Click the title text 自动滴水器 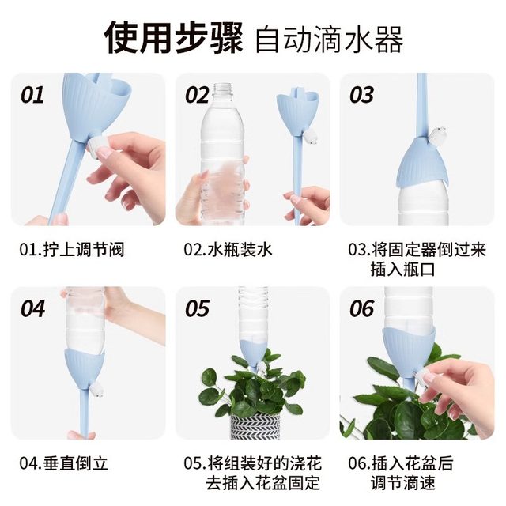330,38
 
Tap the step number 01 32,96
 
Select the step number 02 197,96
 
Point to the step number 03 361,96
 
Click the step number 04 32,308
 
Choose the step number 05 197,308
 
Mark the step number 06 361,308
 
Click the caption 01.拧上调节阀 72,250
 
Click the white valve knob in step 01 102,146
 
